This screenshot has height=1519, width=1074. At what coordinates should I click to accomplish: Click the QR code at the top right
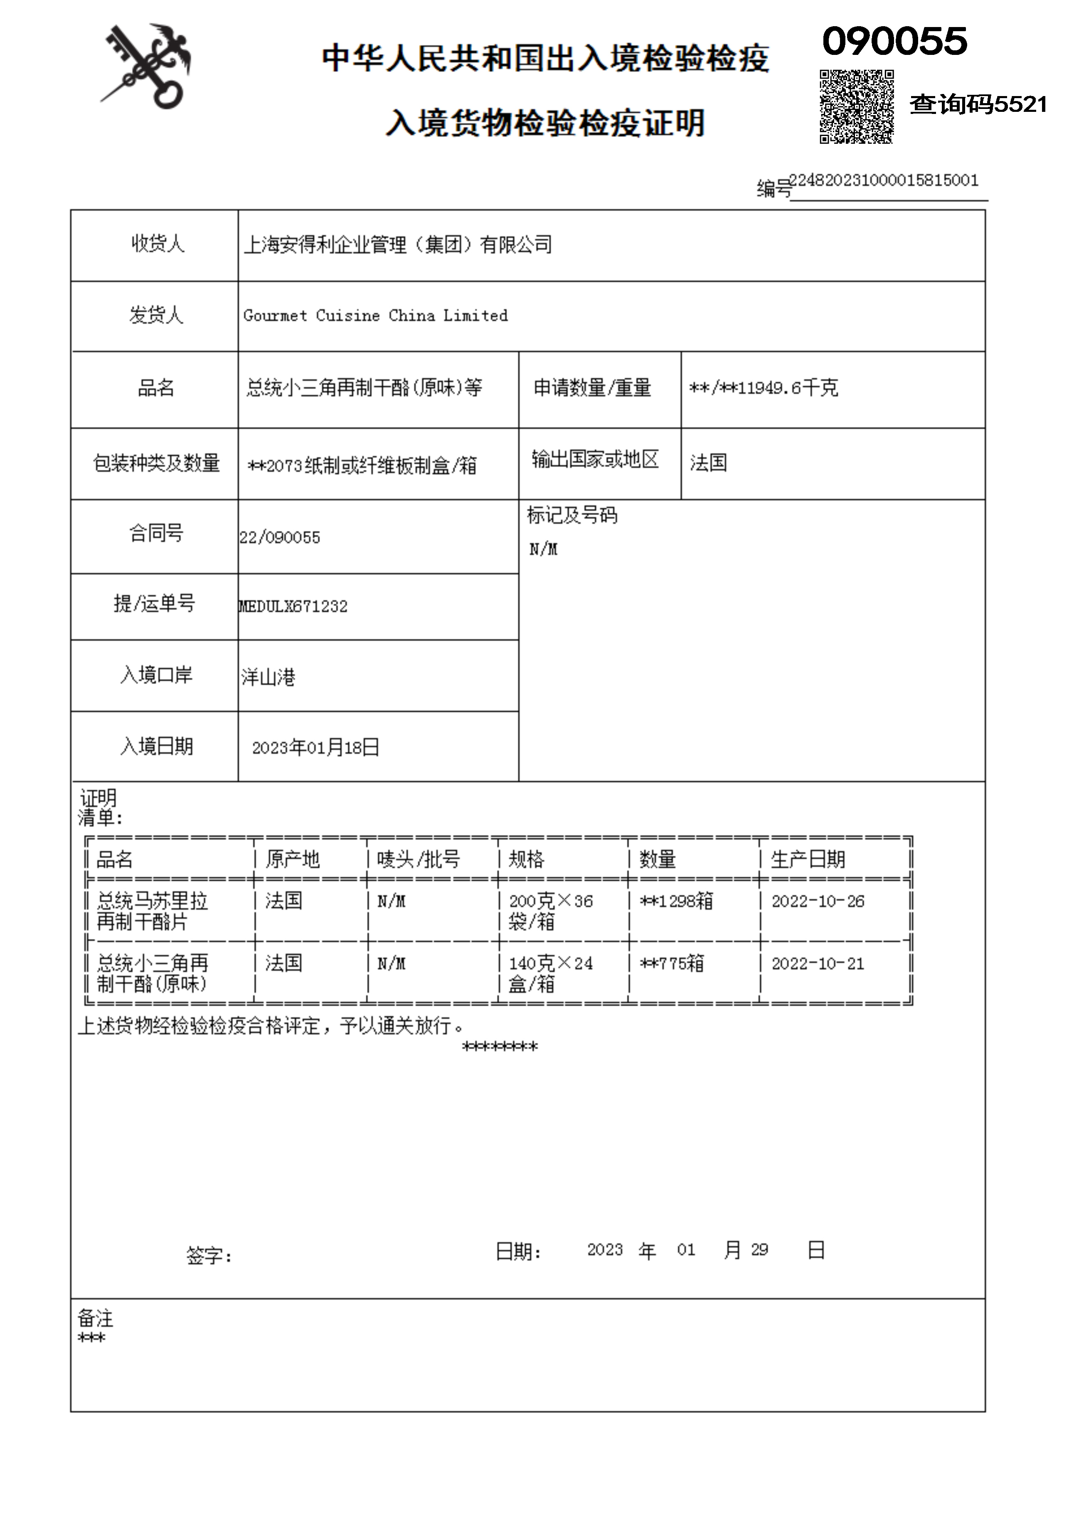coord(857,106)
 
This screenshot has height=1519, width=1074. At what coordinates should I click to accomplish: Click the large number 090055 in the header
coord(894,41)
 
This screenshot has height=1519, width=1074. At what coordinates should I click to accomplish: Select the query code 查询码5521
coord(978,104)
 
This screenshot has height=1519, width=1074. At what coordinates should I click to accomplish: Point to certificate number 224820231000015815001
coord(884,180)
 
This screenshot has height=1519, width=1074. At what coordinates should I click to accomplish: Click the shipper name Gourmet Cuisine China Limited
coord(375,316)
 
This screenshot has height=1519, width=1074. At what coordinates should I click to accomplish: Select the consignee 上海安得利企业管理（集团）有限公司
coord(397,245)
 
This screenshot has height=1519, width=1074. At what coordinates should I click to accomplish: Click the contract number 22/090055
coord(280,537)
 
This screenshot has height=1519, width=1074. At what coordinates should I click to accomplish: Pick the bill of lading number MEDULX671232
coord(293,606)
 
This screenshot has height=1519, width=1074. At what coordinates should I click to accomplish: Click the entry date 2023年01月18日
coord(315,748)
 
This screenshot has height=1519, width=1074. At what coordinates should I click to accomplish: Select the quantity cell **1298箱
coord(676,901)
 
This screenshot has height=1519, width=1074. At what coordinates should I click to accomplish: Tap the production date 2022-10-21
coord(818,964)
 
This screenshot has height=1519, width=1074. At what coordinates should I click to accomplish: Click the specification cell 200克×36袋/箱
coord(550,911)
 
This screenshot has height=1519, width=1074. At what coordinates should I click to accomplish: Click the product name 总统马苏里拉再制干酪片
coord(152,911)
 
